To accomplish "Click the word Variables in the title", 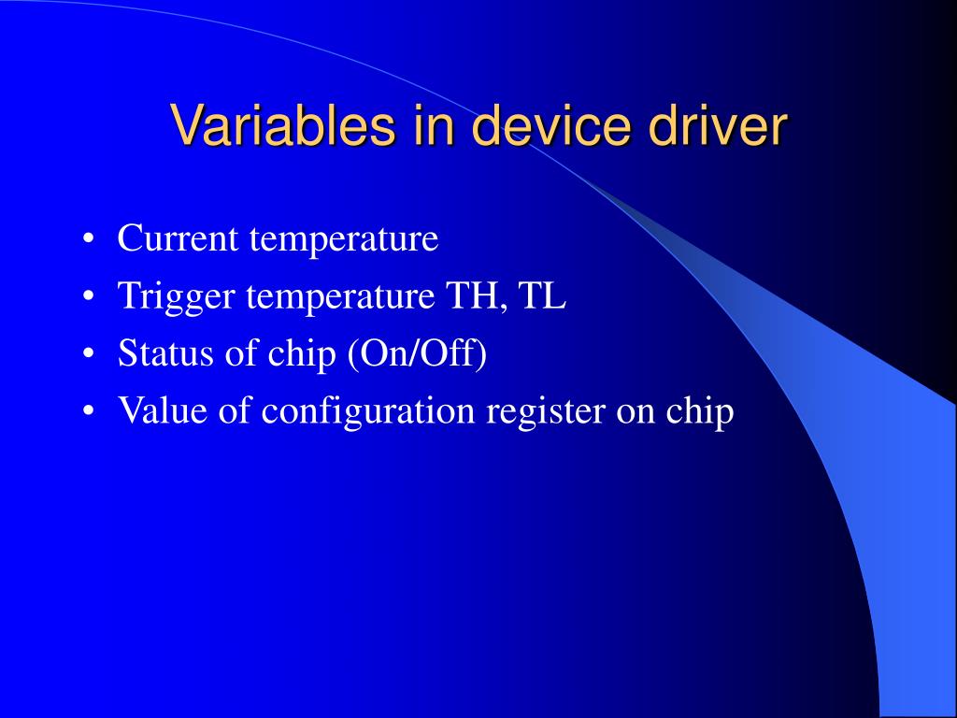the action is (282, 124).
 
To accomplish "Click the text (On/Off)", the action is (417, 354).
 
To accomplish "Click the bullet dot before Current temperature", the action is (89, 238).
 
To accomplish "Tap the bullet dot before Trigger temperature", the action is (89, 296).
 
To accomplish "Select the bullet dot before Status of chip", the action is (89, 353).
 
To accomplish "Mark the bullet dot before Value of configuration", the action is (89, 411).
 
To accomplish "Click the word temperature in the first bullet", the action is (344, 239).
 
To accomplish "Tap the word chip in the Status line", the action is (302, 354).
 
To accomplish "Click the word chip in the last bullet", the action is (699, 411).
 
